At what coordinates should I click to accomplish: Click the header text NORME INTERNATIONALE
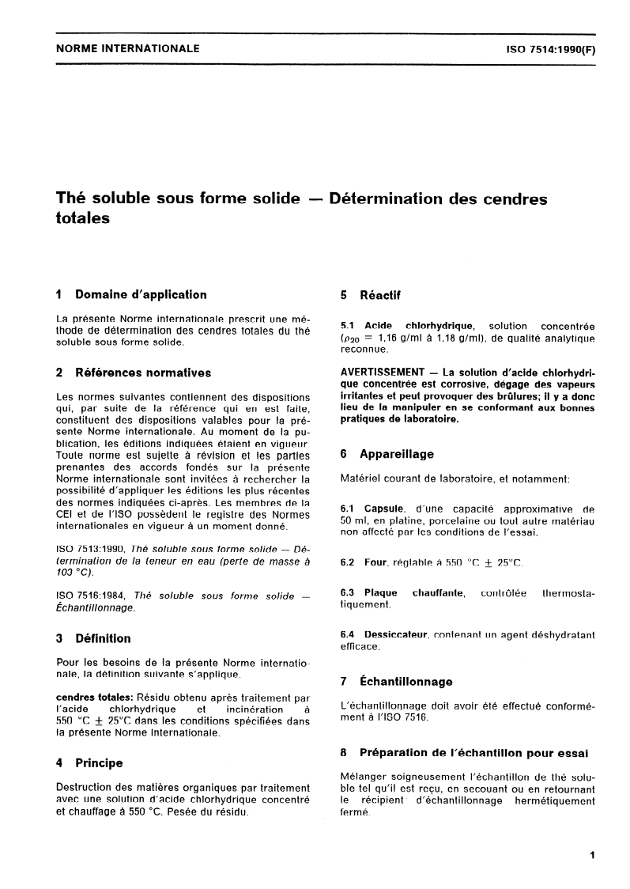(127, 48)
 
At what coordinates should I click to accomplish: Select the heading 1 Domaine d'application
(131, 295)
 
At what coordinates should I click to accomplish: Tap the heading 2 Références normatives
(134, 372)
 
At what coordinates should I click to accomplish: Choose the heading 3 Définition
(93, 638)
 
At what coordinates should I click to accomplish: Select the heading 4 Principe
(89, 763)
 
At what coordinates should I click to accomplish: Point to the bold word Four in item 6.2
(375, 562)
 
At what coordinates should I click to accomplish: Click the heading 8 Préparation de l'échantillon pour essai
(463, 753)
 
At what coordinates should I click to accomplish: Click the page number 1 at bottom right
(591, 855)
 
